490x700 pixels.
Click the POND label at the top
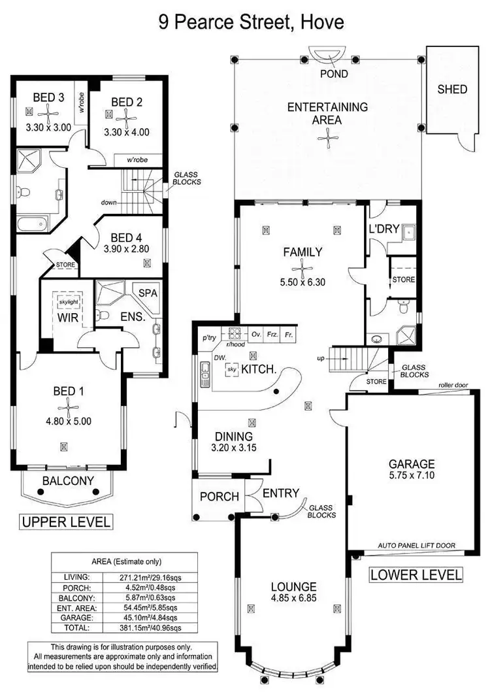click(333, 74)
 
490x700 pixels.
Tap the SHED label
click(452, 89)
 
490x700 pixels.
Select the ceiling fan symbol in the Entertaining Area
click(327, 136)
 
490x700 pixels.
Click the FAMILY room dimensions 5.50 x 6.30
click(302, 283)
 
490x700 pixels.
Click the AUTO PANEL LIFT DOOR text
click(417, 544)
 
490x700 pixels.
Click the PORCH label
click(219, 497)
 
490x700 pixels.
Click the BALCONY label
click(68, 481)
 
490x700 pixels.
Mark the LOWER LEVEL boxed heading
click(416, 575)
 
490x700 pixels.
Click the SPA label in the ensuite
click(148, 293)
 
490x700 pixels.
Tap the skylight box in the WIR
click(68, 303)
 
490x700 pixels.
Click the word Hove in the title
click(321, 24)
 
